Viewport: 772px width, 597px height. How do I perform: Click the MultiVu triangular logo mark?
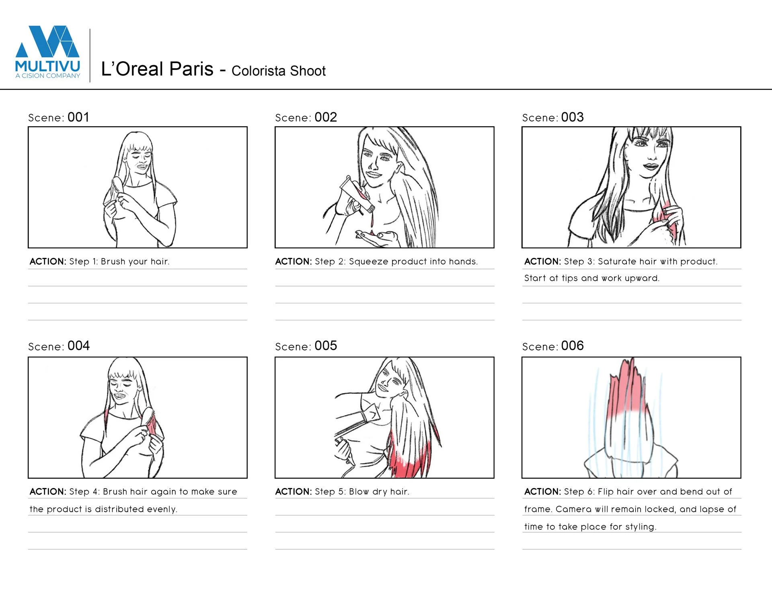47,41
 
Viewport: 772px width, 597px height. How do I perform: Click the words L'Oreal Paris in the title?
157,69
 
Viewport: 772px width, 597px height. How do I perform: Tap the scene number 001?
78,117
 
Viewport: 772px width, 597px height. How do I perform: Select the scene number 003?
572,117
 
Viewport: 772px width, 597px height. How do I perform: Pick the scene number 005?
326,346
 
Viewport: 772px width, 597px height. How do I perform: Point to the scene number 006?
572,346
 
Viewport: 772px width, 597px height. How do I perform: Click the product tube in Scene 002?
357,194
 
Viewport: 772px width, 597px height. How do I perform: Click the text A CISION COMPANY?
48,76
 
